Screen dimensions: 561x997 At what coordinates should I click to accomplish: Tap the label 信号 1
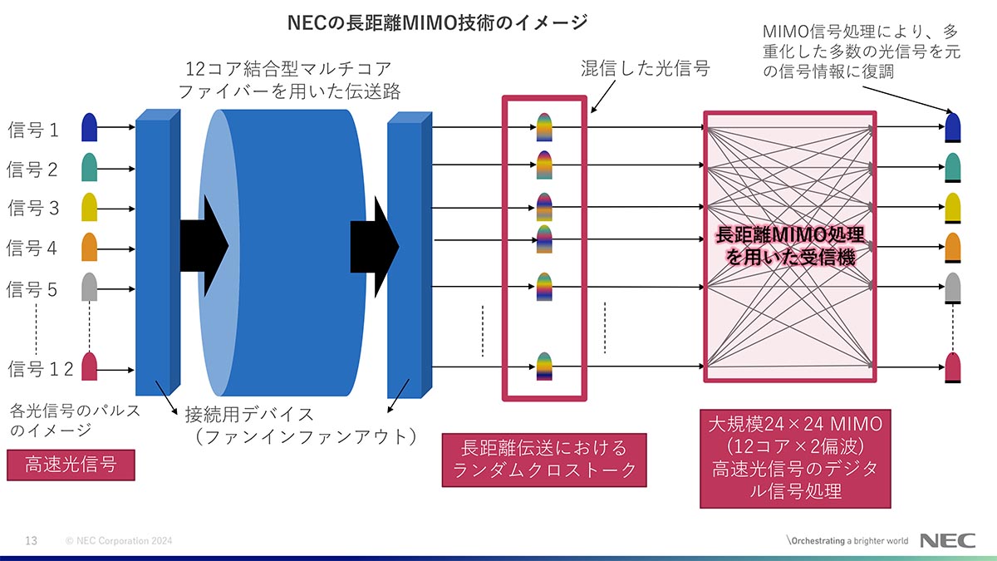click(34, 130)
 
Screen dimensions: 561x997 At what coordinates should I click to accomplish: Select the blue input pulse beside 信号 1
click(90, 127)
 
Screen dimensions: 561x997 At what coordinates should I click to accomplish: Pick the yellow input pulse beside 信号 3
click(90, 207)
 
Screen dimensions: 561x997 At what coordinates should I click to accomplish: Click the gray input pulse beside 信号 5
click(90, 287)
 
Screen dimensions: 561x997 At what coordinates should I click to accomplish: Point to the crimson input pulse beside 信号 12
click(90, 366)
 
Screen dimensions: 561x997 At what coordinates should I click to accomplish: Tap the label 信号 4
click(34, 248)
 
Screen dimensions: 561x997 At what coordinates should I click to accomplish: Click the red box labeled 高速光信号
click(71, 465)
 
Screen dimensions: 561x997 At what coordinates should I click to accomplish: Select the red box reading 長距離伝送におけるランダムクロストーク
click(544, 459)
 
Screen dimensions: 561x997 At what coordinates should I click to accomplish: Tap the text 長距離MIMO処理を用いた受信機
click(790, 247)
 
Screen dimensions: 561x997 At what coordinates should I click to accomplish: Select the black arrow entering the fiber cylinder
click(204, 245)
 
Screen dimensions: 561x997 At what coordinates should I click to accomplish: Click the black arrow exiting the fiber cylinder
click(375, 245)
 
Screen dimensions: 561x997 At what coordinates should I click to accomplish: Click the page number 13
click(32, 541)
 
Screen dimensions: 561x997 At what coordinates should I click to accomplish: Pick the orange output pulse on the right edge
click(953, 247)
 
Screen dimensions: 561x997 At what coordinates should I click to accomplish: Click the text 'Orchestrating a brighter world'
click(848, 541)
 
